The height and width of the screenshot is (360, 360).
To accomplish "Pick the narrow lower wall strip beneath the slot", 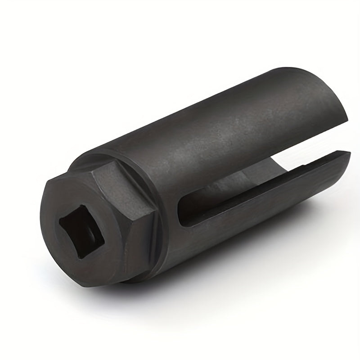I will point(252,198).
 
